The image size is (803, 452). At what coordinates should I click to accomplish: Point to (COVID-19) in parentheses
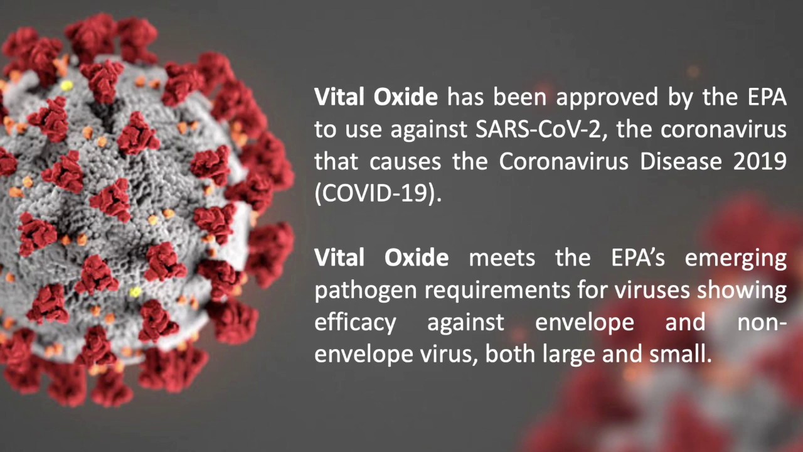coord(378,193)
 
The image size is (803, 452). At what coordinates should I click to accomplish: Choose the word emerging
coord(736,258)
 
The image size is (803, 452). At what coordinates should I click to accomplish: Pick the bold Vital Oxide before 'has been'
coord(376,97)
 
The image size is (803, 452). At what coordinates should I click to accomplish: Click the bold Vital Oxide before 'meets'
coord(381,258)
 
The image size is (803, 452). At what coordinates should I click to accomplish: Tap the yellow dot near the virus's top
coord(67,85)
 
